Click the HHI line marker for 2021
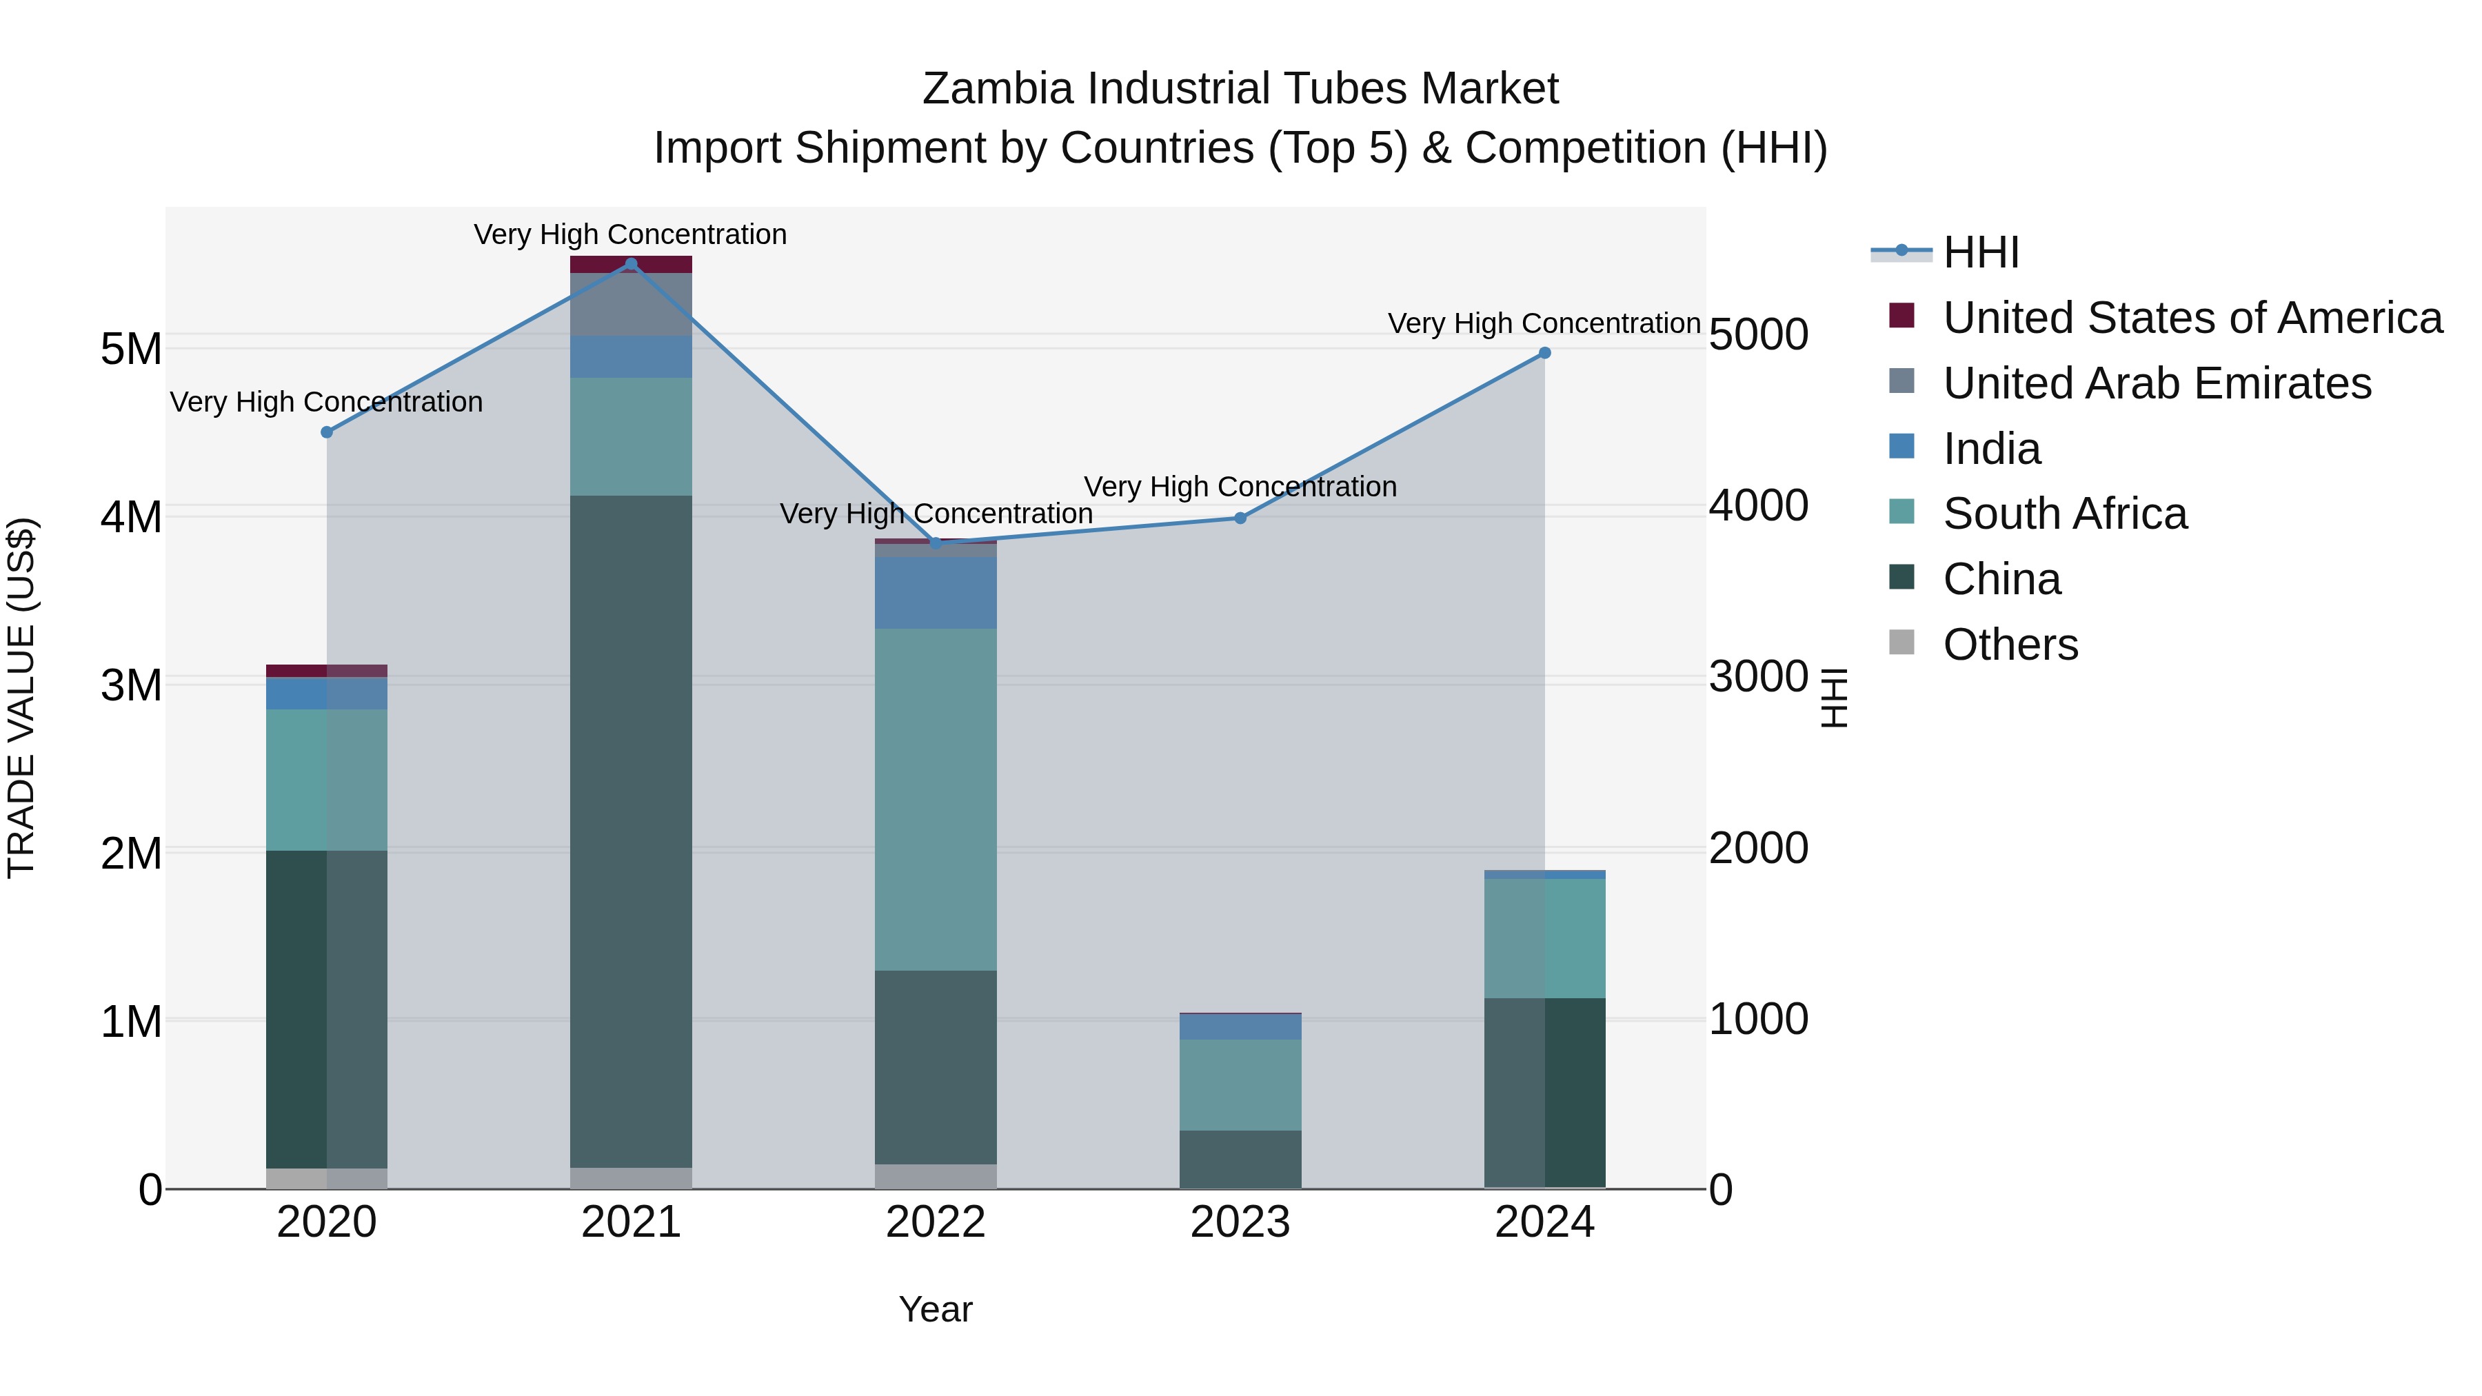point(631,264)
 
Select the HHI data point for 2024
point(1544,354)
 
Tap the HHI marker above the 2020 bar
point(327,432)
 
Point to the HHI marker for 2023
point(1240,518)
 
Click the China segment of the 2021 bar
point(631,829)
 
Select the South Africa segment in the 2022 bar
point(936,800)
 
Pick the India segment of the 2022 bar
point(936,592)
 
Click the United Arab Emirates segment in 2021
point(631,305)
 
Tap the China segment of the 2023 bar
point(1240,1159)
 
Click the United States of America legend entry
point(2192,318)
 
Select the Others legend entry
point(2010,645)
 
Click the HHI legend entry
point(1980,252)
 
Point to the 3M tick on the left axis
point(131,685)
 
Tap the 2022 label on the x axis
point(936,1222)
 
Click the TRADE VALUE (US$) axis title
point(21,698)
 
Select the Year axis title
point(936,1309)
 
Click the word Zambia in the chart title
point(996,89)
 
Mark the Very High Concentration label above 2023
point(1240,487)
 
